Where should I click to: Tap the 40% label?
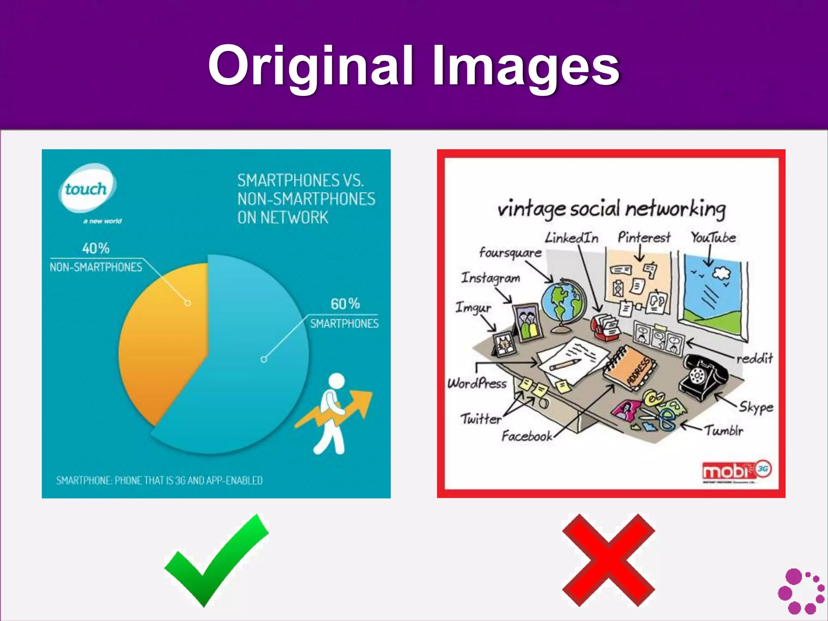[x=96, y=248]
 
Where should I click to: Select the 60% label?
[x=345, y=304]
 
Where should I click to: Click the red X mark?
[x=608, y=560]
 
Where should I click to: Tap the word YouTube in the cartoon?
[x=713, y=237]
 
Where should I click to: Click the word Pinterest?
[x=644, y=237]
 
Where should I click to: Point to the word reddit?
[x=754, y=358]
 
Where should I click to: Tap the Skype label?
[x=756, y=407]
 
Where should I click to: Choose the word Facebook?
[x=527, y=436]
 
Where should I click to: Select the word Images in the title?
[x=526, y=65]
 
